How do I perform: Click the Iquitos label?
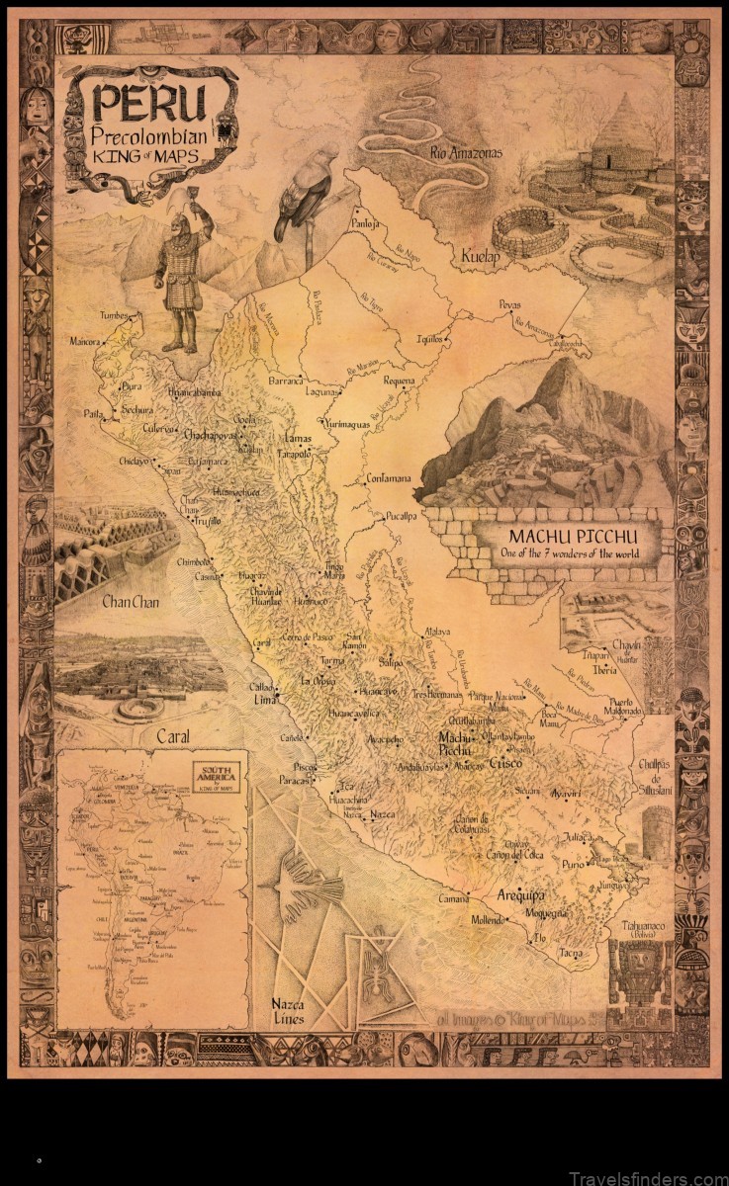[x=428, y=336]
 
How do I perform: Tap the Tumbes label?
[x=114, y=315]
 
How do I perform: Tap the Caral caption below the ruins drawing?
[x=172, y=735]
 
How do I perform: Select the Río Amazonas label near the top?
[x=466, y=152]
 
